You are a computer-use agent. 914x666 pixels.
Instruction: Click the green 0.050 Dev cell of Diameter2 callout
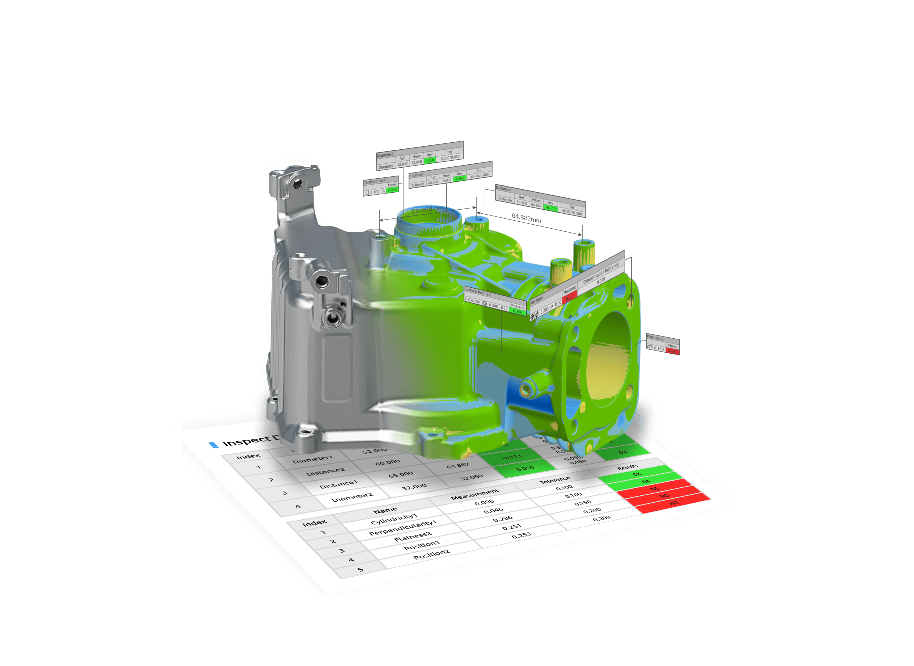[x=430, y=160]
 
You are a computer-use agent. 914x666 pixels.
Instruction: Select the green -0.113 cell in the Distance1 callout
[x=551, y=208]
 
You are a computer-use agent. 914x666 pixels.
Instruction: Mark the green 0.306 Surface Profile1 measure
[x=517, y=312]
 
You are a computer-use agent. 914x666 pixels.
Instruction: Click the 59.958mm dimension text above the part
[x=427, y=210]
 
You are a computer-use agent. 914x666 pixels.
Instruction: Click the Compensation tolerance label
[x=600, y=273]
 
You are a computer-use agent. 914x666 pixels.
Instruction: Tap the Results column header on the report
[x=628, y=467]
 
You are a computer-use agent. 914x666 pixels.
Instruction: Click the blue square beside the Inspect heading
[x=213, y=445]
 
